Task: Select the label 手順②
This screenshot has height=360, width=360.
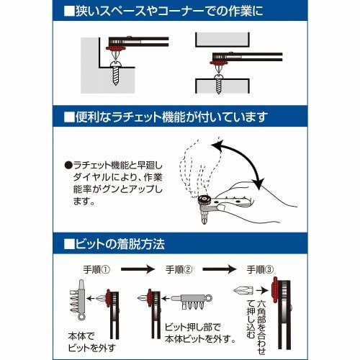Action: tap(179, 269)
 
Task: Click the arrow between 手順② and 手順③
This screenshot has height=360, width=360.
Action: tap(220, 269)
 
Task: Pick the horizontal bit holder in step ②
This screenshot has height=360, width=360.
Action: tap(189, 297)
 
